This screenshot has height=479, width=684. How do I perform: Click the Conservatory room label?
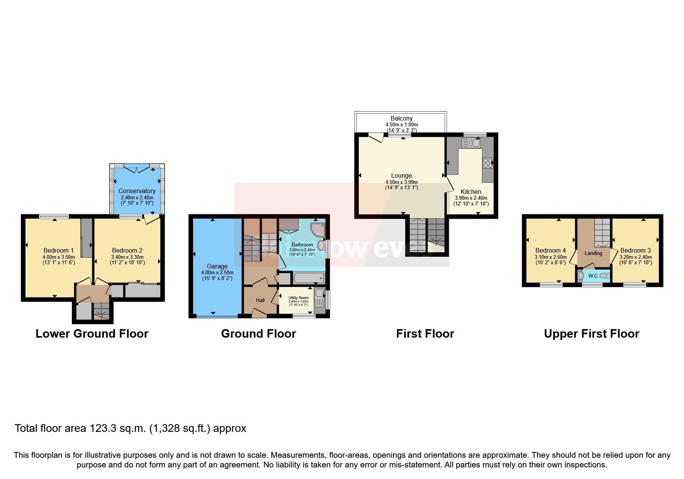coord(137,191)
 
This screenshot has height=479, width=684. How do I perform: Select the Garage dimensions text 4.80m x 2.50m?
coord(217,272)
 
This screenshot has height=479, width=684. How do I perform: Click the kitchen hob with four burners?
coord(487,163)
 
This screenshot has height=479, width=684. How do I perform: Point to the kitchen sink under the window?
coord(471,143)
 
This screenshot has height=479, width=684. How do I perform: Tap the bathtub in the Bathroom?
coord(308,277)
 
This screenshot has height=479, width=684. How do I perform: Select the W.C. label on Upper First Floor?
coord(593,276)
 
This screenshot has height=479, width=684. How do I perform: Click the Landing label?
coord(593,253)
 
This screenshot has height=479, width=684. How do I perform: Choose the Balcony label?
coord(401,118)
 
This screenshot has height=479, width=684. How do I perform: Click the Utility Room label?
coord(299,298)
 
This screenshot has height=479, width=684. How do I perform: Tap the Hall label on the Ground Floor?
coord(260,300)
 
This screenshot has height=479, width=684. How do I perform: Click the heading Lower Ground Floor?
coord(92,334)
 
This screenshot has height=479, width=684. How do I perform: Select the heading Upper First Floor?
coord(591,334)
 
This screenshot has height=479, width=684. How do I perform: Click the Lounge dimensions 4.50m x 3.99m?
coord(401,182)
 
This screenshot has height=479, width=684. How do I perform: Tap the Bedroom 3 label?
coord(635,250)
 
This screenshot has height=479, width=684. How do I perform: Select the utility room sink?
coord(319,296)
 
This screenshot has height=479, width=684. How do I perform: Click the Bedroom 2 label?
coord(127,250)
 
